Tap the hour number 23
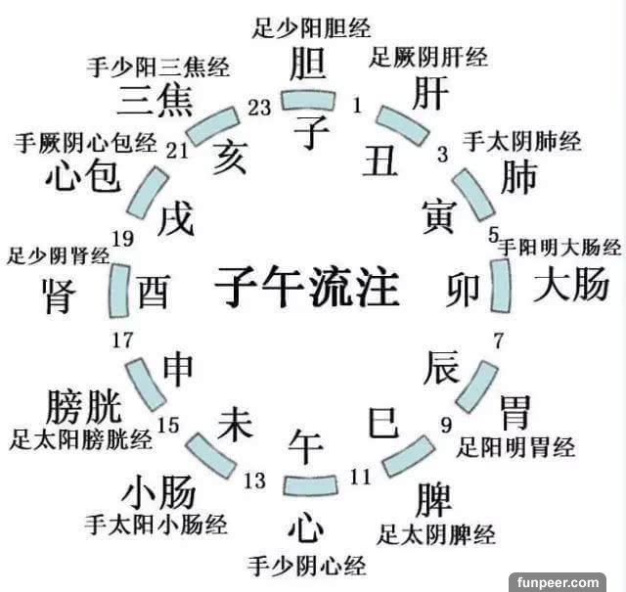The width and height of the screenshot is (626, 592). pyautogui.click(x=259, y=108)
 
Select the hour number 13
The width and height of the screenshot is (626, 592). pyautogui.click(x=254, y=479)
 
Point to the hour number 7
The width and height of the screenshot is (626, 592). pyautogui.click(x=498, y=342)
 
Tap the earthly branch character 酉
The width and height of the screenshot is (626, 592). pyautogui.click(x=154, y=293)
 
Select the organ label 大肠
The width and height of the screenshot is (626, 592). pyautogui.click(x=570, y=287)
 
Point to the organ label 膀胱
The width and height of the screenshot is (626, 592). pyautogui.click(x=83, y=405)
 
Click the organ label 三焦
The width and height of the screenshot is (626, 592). pyautogui.click(x=154, y=100)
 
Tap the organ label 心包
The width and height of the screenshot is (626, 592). pyautogui.click(x=81, y=176)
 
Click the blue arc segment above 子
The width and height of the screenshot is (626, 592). pyautogui.click(x=309, y=98)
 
